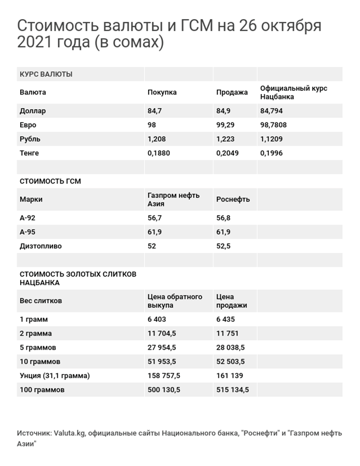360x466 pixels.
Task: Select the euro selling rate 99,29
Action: (x=226, y=125)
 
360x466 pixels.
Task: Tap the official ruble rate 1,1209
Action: (x=272, y=139)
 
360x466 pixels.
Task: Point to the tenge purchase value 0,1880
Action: (x=158, y=153)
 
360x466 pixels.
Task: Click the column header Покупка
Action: (x=162, y=92)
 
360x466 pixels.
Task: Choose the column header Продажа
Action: (x=232, y=92)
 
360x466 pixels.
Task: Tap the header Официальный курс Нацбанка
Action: (x=293, y=92)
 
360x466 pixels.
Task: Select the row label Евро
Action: (x=28, y=125)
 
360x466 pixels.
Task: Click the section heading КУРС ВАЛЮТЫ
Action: (x=45, y=74)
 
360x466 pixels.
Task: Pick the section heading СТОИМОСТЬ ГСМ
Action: (x=50, y=181)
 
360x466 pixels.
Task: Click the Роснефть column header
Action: (x=233, y=199)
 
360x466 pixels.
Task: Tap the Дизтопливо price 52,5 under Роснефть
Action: (x=223, y=246)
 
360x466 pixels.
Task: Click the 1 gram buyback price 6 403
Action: (x=157, y=319)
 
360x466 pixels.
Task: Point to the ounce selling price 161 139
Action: (x=230, y=376)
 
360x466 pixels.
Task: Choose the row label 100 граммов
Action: (x=42, y=390)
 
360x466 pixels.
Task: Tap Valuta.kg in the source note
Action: (x=69, y=433)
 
